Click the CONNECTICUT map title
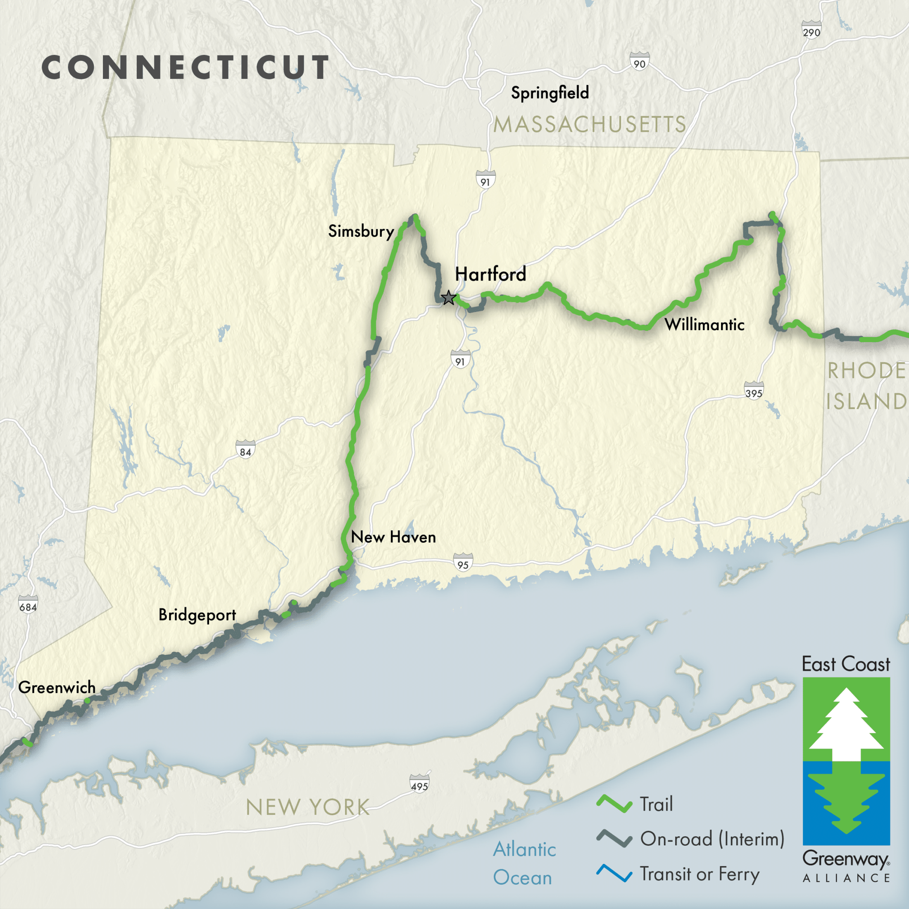click(x=186, y=67)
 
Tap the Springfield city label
click(x=550, y=93)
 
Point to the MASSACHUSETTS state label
click(x=590, y=125)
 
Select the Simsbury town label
click(x=361, y=231)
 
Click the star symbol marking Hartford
click(x=448, y=298)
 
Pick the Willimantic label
click(x=704, y=324)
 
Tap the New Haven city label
click(x=393, y=537)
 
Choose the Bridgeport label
click(x=197, y=615)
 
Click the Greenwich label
click(x=57, y=688)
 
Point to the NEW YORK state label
click(x=308, y=807)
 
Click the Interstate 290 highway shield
click(x=811, y=30)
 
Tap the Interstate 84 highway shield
click(x=245, y=449)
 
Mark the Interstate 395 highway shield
click(x=754, y=390)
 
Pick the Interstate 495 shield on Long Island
click(x=419, y=783)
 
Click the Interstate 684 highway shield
click(x=28, y=604)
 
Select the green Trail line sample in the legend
click(x=614, y=804)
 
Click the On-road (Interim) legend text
click(x=712, y=839)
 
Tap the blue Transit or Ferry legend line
click(x=614, y=873)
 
